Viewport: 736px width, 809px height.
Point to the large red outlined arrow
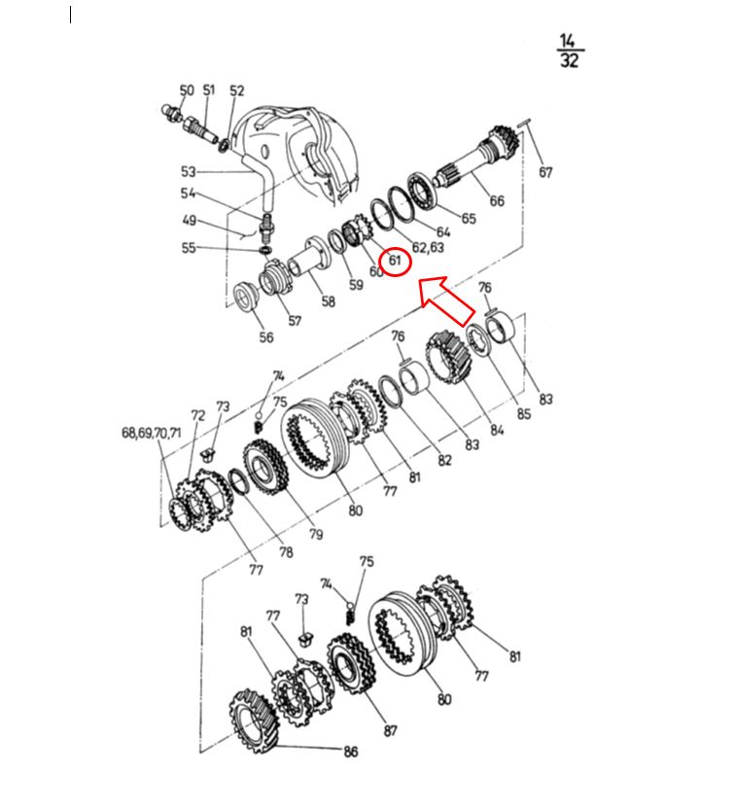point(445,300)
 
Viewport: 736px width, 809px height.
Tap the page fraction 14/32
point(570,51)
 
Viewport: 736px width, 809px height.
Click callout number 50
point(187,90)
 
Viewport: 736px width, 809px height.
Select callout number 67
point(545,172)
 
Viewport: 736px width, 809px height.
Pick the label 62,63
point(428,248)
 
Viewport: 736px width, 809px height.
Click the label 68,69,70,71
point(152,433)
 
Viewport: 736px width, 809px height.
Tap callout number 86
point(351,752)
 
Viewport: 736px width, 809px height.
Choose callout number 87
point(391,730)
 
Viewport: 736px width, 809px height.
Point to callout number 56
point(266,337)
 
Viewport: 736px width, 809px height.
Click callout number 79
point(316,534)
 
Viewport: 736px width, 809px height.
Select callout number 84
point(497,430)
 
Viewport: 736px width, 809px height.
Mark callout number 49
point(190,221)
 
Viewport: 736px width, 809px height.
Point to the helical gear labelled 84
point(448,357)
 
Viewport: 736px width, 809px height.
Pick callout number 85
point(523,414)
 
